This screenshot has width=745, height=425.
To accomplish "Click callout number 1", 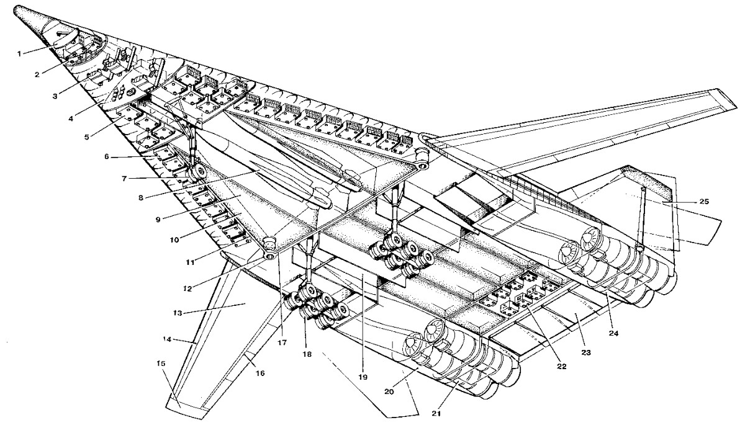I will [19, 53].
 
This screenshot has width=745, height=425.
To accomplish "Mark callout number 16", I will [261, 374].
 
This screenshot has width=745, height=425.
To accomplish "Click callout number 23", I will [585, 352].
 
